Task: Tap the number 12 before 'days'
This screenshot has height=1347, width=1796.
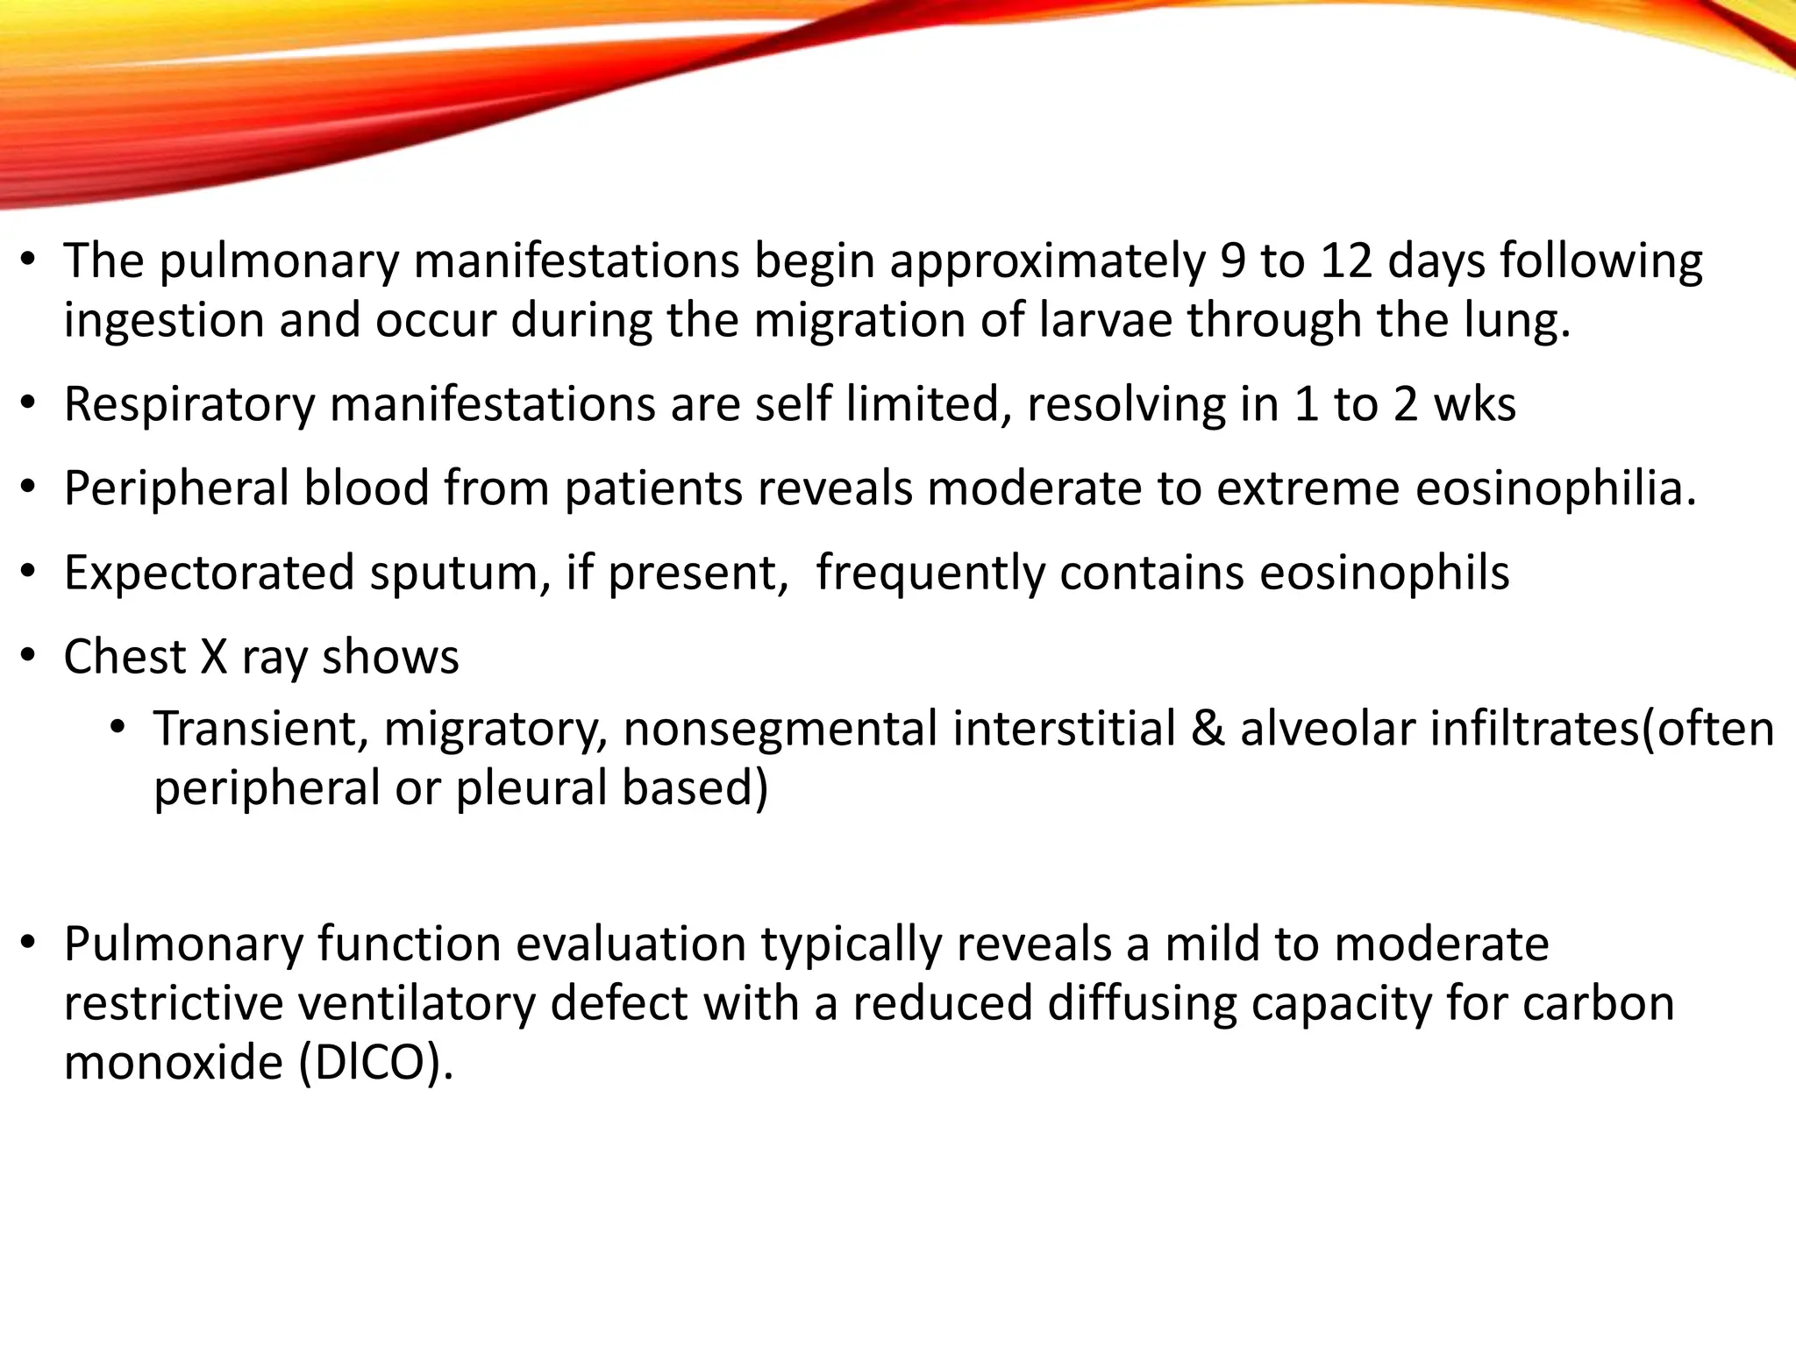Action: click(1345, 261)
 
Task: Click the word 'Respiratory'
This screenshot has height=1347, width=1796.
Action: click(189, 405)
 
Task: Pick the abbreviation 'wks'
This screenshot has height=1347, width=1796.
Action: click(1474, 405)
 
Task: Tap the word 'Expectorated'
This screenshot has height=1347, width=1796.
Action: click(209, 574)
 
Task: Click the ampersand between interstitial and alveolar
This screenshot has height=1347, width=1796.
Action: click(1208, 730)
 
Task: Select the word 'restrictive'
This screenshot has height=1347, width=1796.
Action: click(174, 1004)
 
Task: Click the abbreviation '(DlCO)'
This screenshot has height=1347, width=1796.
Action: click(375, 1064)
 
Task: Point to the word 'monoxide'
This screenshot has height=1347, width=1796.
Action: click(174, 1064)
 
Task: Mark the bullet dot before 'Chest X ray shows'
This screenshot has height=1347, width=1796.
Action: click(29, 656)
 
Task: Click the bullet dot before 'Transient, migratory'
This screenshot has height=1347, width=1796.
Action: click(118, 728)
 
